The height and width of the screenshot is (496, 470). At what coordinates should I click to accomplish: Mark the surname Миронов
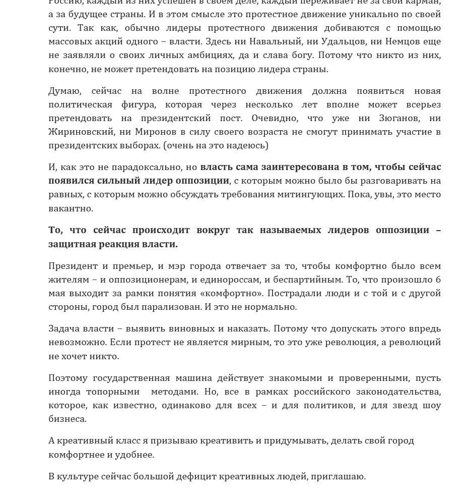[156, 132]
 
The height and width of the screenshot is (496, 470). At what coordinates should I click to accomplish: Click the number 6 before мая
[438, 280]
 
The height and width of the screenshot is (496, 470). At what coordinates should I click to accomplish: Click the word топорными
[112, 392]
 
